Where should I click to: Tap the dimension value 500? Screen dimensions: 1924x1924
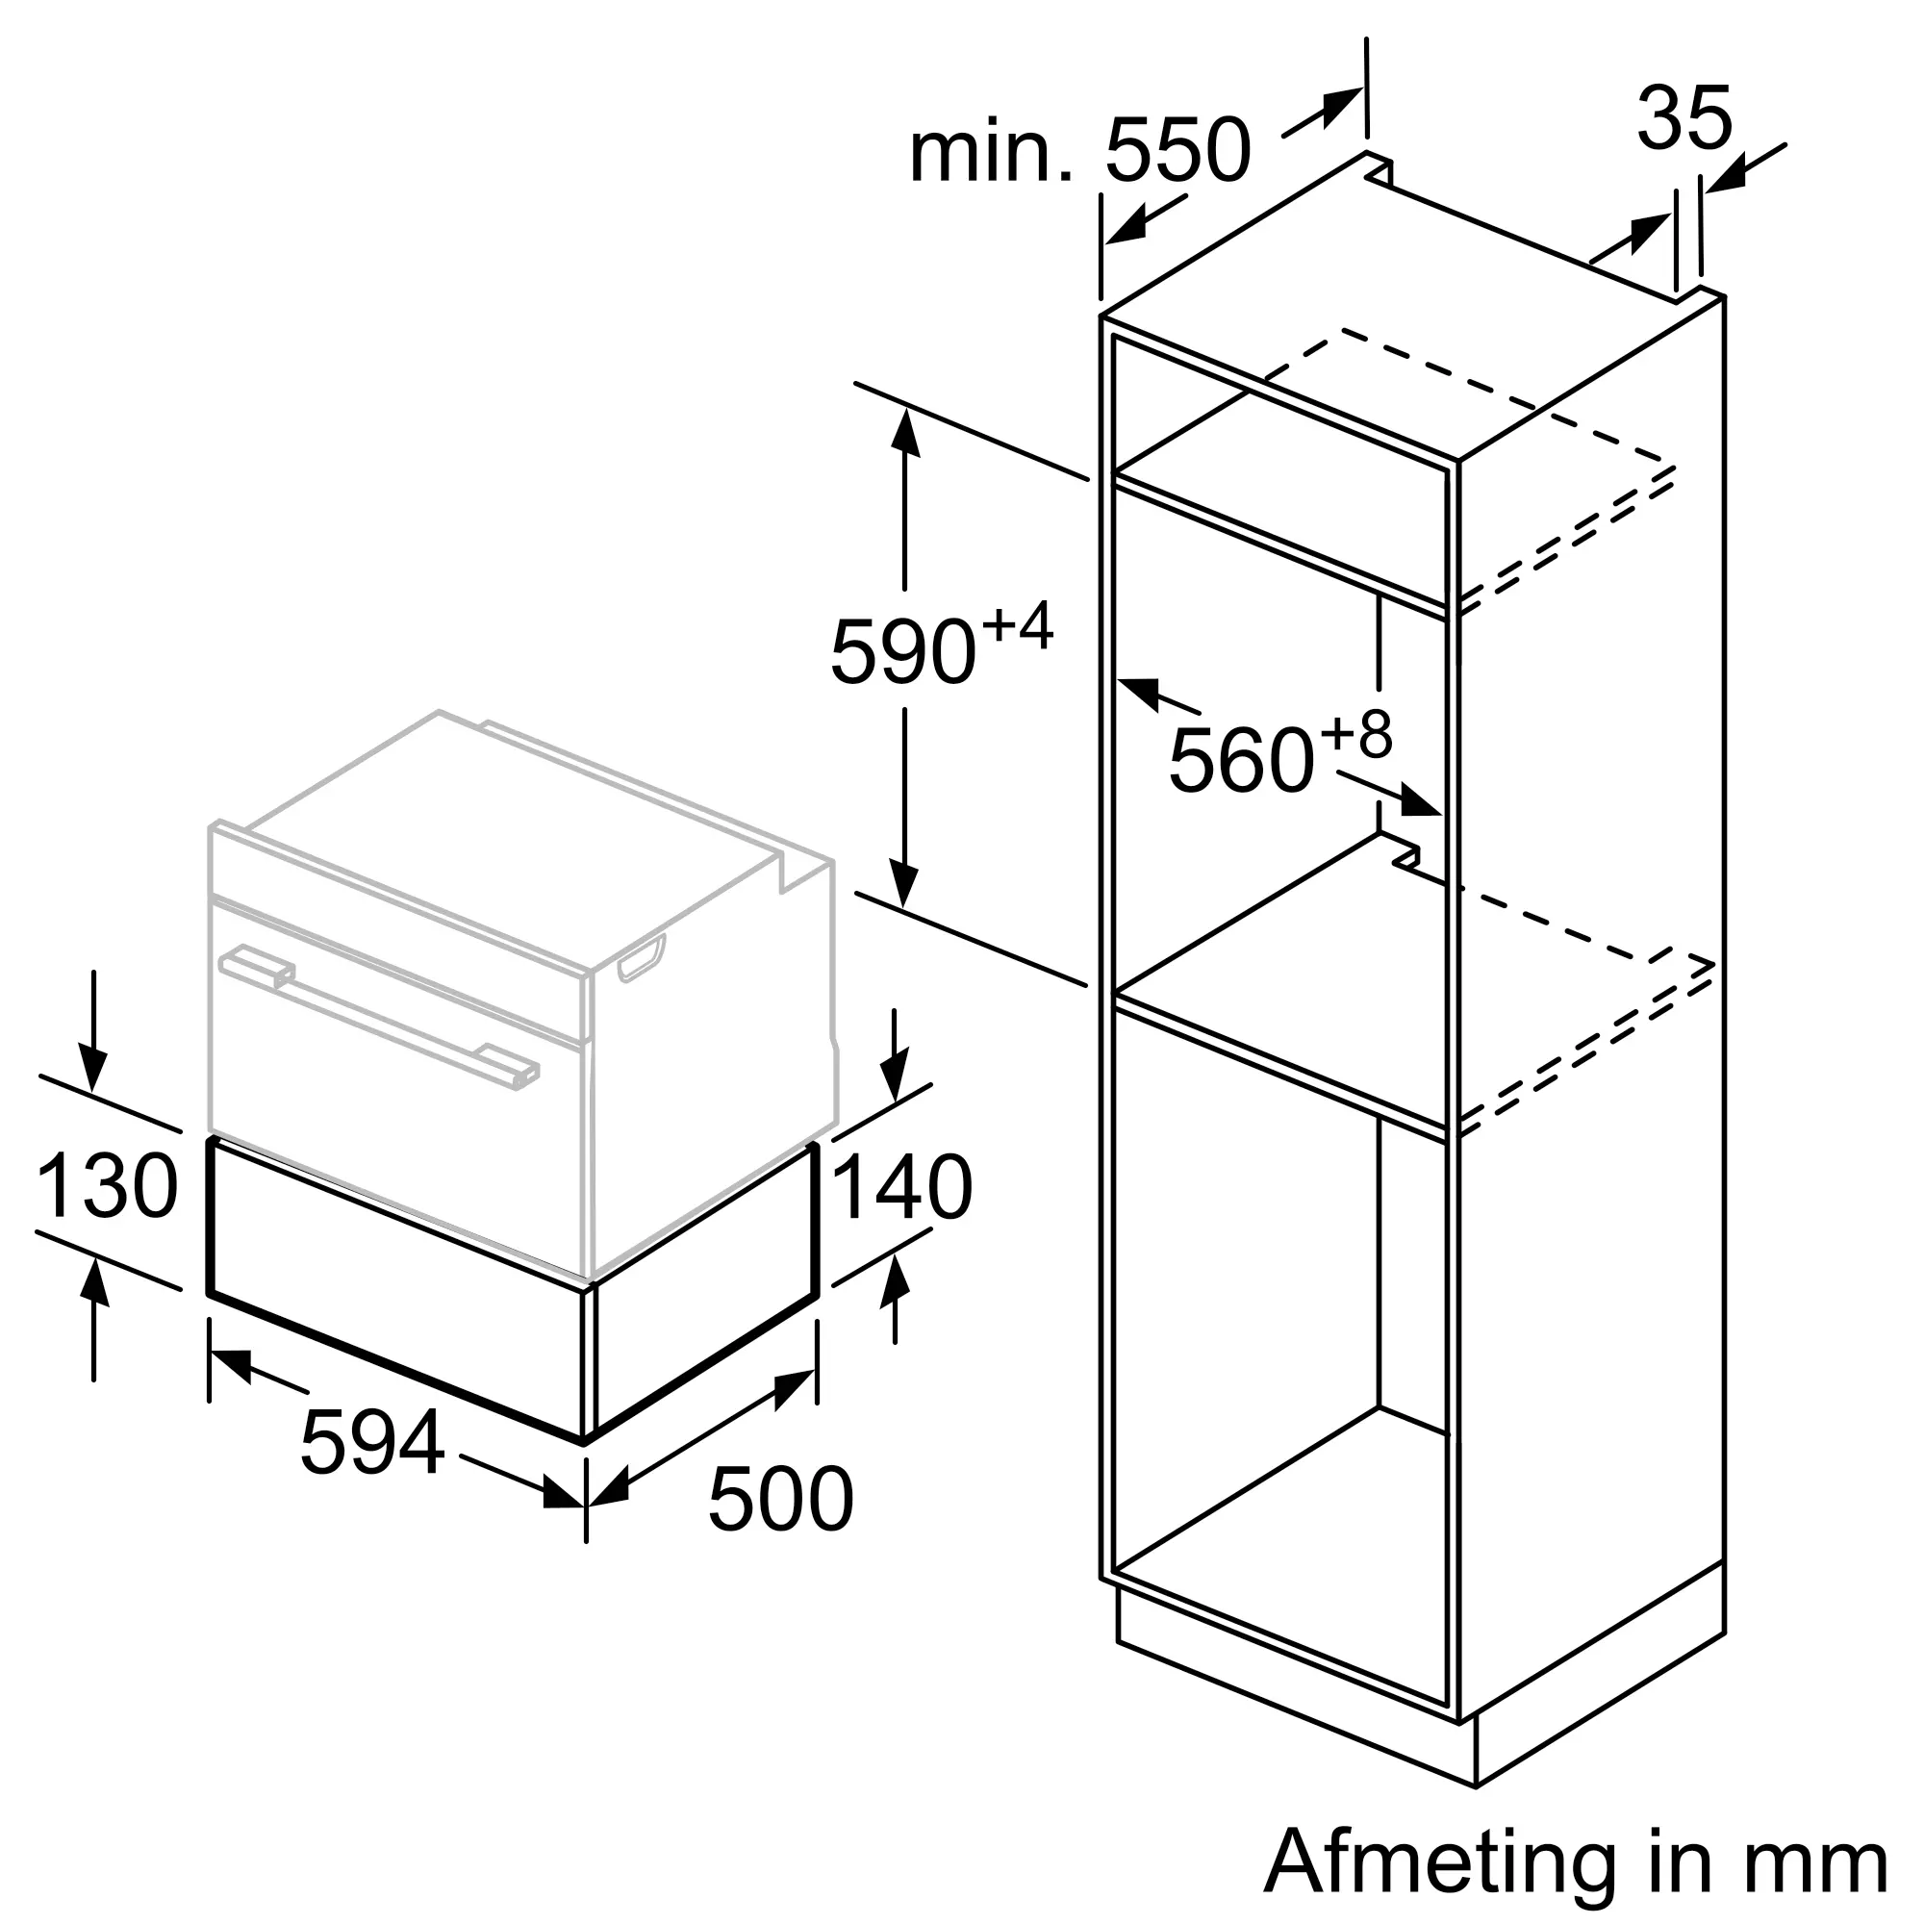pyautogui.click(x=781, y=1525)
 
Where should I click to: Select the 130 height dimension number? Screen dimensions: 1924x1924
pyautogui.click(x=107, y=1186)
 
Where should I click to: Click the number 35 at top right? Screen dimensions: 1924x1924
pyautogui.click(x=1684, y=119)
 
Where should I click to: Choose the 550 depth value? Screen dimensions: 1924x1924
pyautogui.click(x=1177, y=151)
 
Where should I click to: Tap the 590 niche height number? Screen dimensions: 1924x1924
pyautogui.click(x=902, y=652)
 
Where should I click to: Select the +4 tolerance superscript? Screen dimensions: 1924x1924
pyautogui.click(x=1018, y=626)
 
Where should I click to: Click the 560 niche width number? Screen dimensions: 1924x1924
pyautogui.click(x=1241, y=761)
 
